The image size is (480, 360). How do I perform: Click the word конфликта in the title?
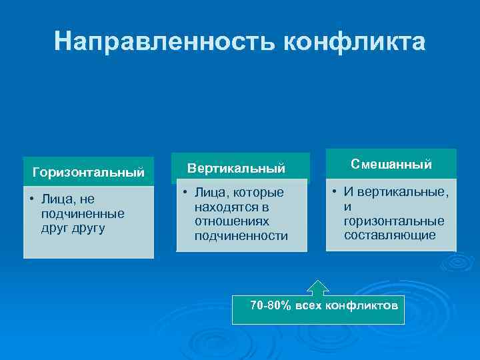[354, 41]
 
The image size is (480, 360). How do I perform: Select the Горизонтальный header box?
[89, 173]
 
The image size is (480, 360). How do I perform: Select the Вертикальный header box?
[236, 167]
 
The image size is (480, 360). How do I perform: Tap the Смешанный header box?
[391, 164]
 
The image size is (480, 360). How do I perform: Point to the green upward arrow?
[319, 287]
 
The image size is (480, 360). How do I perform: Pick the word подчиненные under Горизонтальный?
[82, 214]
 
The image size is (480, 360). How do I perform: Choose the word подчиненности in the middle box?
[241, 235]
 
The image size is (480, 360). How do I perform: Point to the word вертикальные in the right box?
[402, 192]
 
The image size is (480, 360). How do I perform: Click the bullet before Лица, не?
[32, 199]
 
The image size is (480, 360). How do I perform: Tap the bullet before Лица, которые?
[185, 192]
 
